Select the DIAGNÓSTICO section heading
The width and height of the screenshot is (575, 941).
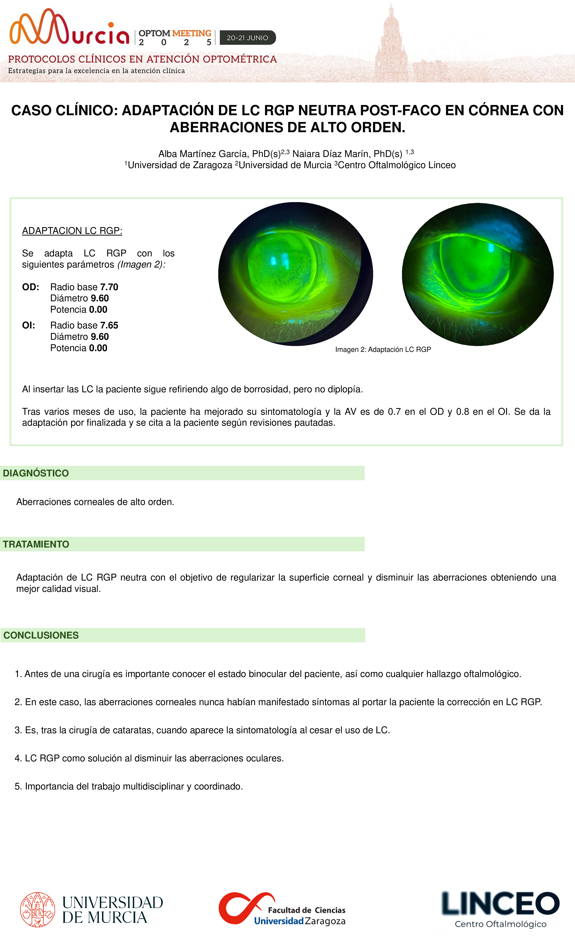click(x=36, y=473)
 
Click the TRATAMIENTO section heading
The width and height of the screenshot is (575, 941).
click(x=36, y=544)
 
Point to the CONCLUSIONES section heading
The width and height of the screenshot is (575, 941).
click(x=41, y=635)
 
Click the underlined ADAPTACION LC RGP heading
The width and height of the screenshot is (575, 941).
click(x=72, y=231)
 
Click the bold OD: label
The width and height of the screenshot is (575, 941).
click(x=30, y=287)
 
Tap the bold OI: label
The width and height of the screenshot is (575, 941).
click(x=29, y=325)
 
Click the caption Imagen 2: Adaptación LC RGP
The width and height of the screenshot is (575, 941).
click(x=383, y=350)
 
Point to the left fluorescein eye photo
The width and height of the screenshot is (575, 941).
click(x=295, y=274)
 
